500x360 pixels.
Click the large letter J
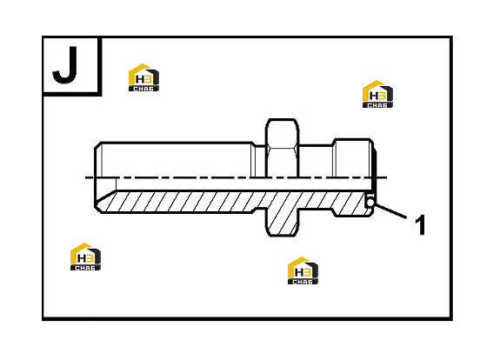point(65,65)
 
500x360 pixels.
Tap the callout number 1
point(420,225)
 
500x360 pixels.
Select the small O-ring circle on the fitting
point(370,202)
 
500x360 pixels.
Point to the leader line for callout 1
point(390,211)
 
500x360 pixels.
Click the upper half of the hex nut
point(283,148)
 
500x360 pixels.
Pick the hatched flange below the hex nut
point(283,219)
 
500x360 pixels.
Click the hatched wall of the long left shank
point(178,202)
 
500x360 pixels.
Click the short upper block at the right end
point(353,158)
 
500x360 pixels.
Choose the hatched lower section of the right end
point(350,203)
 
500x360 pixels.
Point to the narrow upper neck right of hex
point(316,162)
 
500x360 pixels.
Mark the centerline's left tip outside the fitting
point(85,177)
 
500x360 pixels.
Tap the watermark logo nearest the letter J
point(143,77)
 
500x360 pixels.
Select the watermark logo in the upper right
point(378,94)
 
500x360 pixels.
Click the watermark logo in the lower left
point(85,257)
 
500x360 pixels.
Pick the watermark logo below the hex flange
point(303,270)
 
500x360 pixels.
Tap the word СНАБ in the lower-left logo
point(85,268)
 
